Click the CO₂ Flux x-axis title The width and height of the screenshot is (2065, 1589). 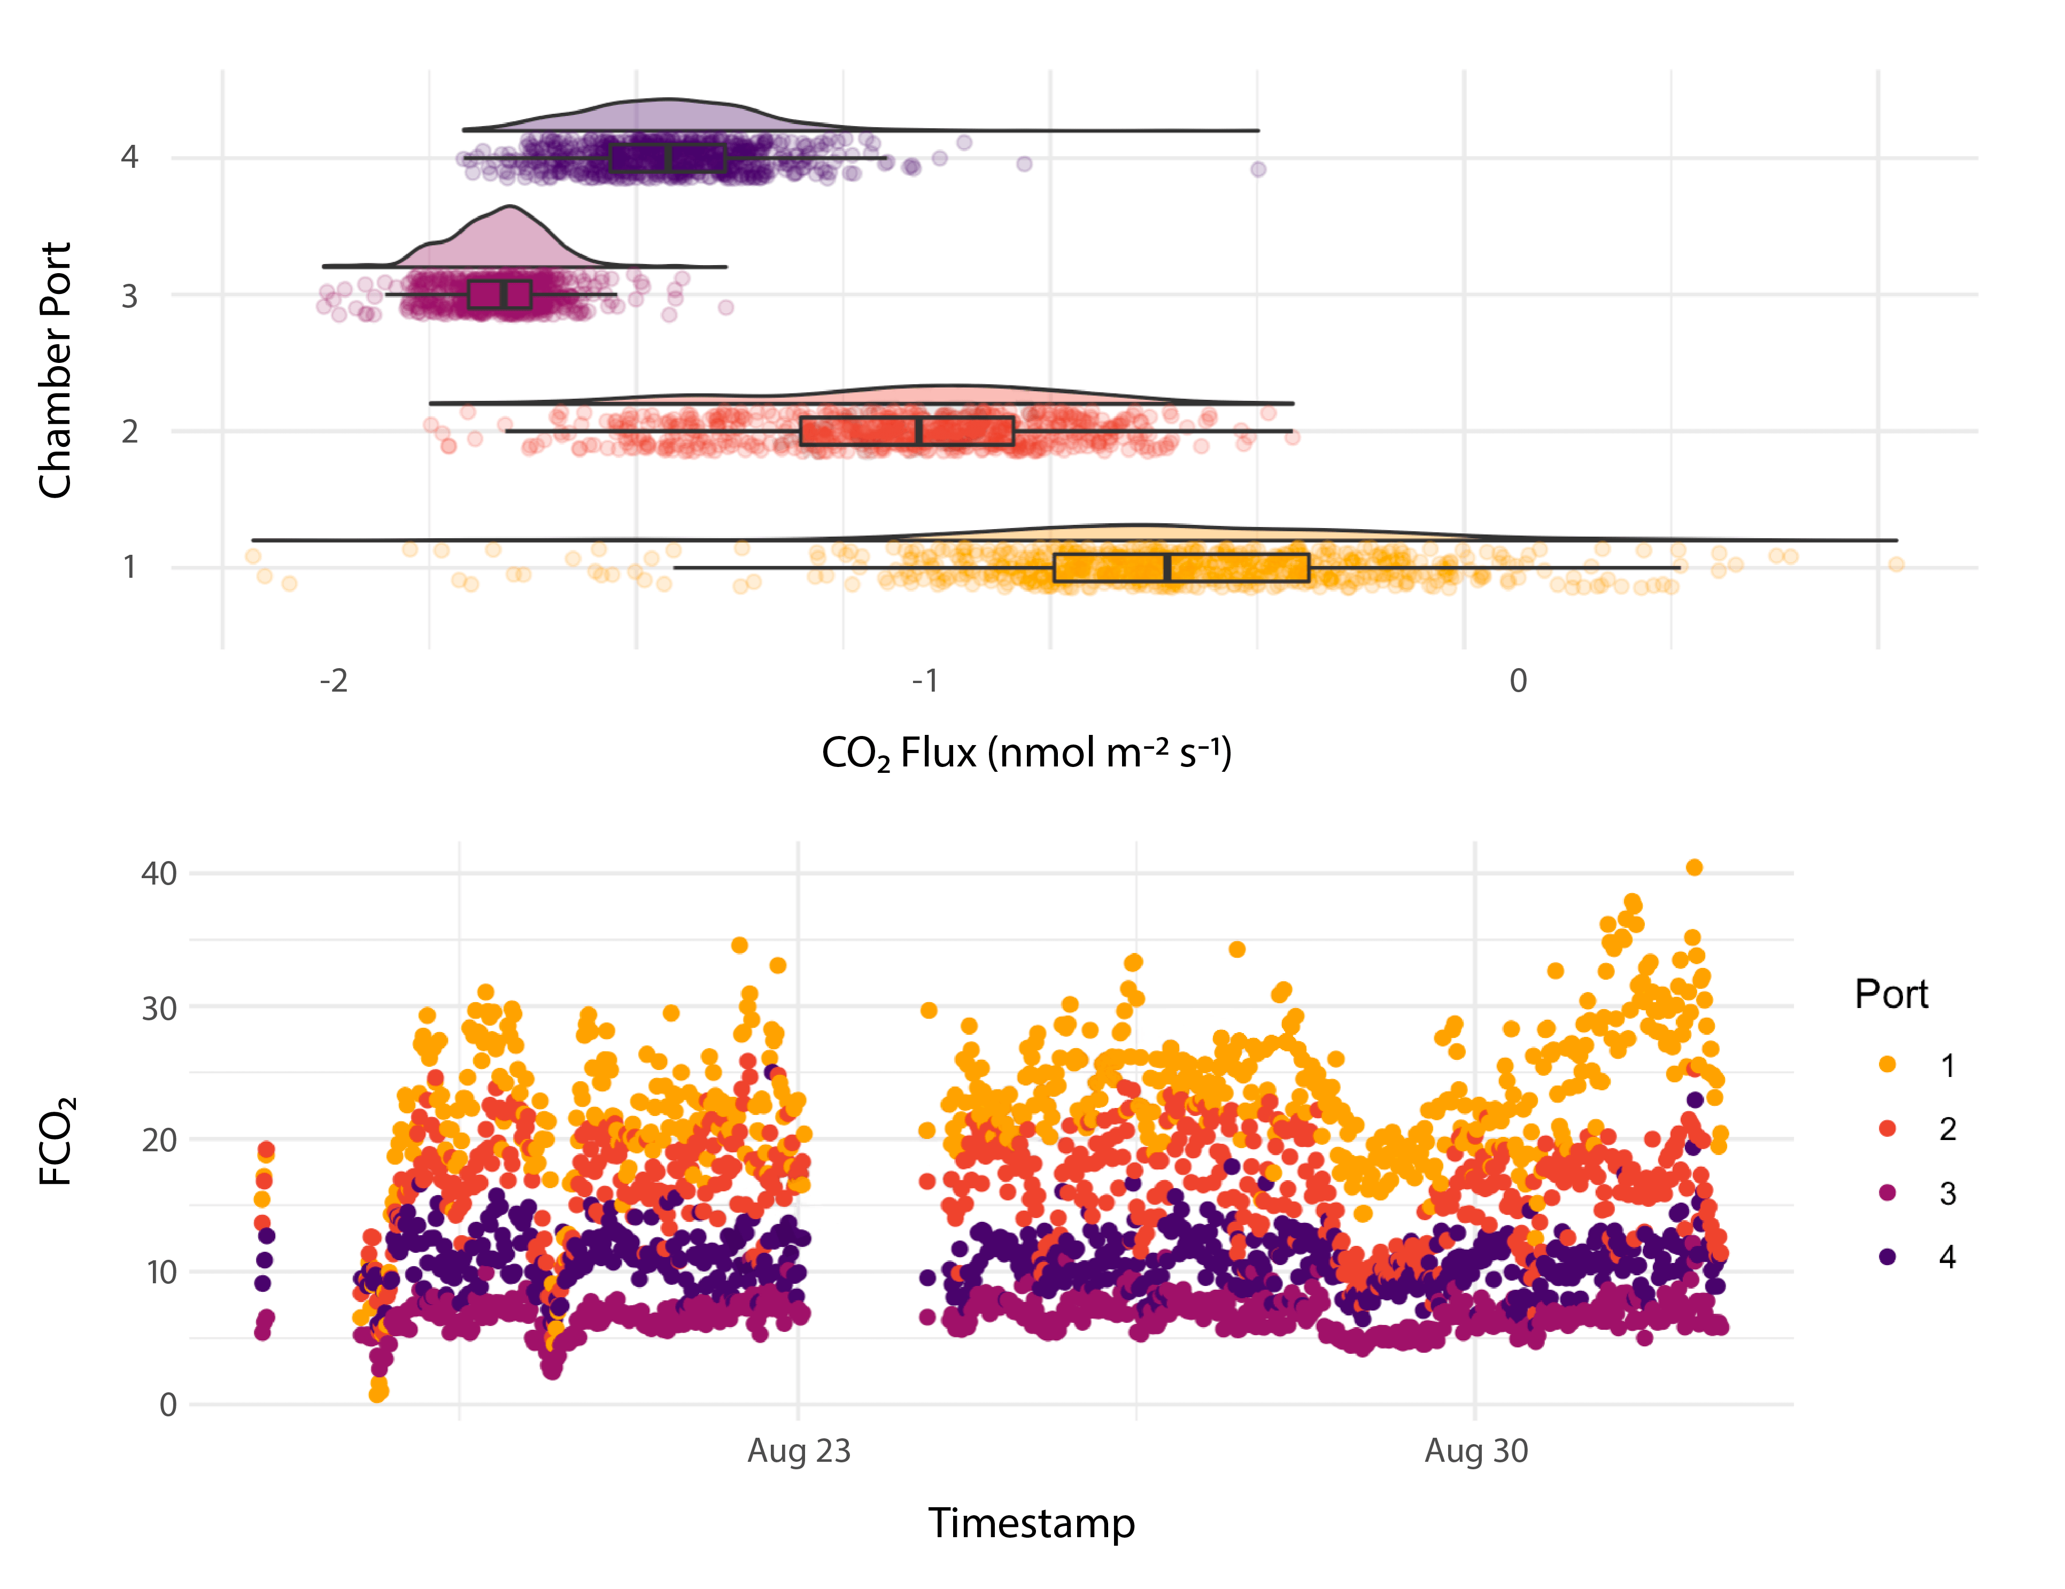(1026, 754)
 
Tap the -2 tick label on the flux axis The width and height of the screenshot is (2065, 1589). (333, 680)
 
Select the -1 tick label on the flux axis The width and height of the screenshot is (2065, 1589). (925, 680)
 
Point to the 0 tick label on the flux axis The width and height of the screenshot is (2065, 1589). (1518, 680)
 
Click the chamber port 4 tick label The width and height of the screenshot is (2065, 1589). (129, 157)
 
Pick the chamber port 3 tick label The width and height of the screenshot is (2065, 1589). (129, 297)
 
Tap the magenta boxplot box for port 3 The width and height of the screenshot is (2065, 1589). (499, 294)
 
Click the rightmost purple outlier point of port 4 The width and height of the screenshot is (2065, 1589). (1257, 169)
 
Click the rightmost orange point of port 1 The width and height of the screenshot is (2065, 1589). (1896, 564)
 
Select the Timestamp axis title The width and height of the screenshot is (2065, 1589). (1031, 1523)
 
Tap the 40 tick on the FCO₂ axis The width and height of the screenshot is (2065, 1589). (159, 873)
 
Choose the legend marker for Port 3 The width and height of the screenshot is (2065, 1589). (1887, 1193)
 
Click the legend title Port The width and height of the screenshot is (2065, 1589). (1891, 995)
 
